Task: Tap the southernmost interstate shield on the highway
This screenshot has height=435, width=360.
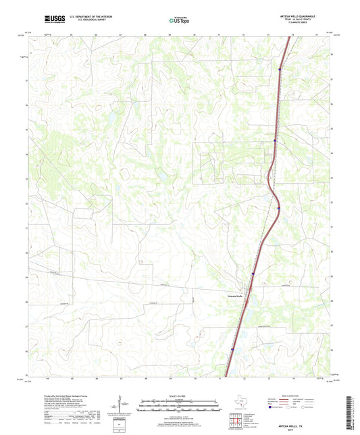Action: pyautogui.click(x=232, y=349)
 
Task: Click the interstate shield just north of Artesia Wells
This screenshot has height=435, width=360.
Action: pyautogui.click(x=252, y=274)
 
